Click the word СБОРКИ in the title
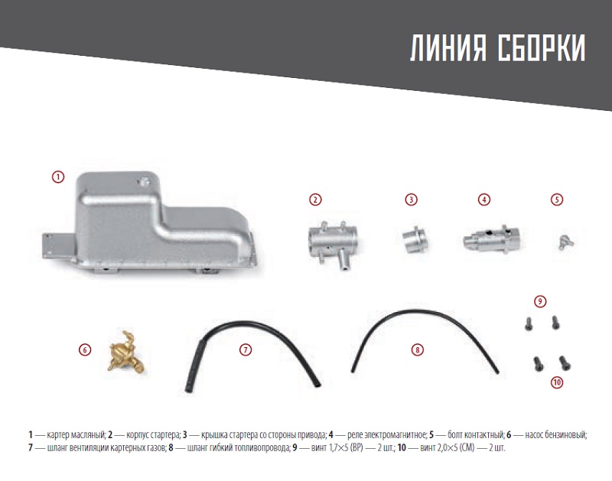pos(542,48)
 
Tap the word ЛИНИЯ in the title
pos(448,48)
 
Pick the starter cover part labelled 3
pos(415,239)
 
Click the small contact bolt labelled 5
pos(564,242)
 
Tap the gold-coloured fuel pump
pos(125,352)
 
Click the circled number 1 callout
pos(58,177)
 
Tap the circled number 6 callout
pos(85,349)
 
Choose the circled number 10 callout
pos(557,382)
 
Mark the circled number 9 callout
pos(540,301)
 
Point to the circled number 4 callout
pos(484,200)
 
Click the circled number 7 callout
pos(245,349)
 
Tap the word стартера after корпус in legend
pos(163,434)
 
